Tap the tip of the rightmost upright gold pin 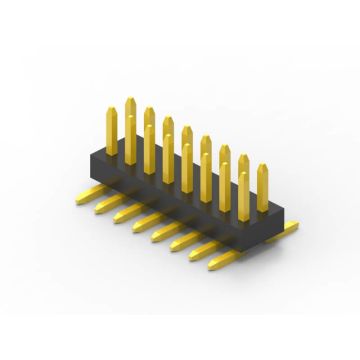pos(263,167)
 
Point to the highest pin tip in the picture pos(130,100)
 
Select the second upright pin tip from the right pos(244,158)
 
